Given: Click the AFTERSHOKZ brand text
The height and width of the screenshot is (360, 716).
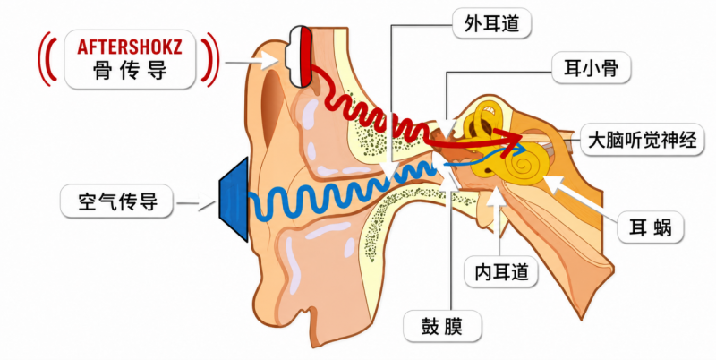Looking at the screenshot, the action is click(x=130, y=47).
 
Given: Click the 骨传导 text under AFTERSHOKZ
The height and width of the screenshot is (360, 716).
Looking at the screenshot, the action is click(x=130, y=71).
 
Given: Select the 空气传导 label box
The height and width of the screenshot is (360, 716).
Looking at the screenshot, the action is click(x=117, y=201).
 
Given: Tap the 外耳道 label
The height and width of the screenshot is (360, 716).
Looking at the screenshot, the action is click(x=491, y=23).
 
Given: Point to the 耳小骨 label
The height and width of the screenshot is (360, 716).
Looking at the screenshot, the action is click(x=591, y=68).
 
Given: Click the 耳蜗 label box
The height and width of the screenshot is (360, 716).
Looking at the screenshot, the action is click(x=651, y=227).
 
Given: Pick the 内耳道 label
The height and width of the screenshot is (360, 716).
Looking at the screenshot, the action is click(x=501, y=272).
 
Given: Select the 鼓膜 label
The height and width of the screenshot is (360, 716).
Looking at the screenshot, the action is click(x=442, y=326).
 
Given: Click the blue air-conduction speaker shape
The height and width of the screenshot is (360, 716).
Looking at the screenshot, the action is click(x=234, y=200).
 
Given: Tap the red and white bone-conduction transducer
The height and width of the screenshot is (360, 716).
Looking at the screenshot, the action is click(x=299, y=56).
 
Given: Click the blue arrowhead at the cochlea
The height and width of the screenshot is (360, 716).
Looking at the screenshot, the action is click(x=521, y=150).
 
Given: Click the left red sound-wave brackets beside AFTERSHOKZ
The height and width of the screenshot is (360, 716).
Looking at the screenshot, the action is click(x=47, y=58).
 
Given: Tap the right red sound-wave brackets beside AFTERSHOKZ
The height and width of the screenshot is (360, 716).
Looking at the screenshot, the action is click(x=211, y=58).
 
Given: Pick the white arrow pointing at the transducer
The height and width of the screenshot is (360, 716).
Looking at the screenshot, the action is click(x=252, y=62).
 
